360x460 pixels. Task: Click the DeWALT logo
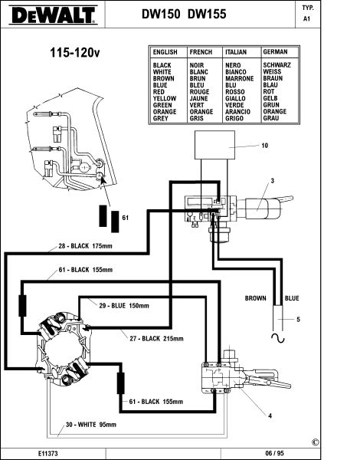[53, 15]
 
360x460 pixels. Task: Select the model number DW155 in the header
[207, 14]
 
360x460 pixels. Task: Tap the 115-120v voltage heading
[75, 53]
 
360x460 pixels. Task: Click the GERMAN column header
[275, 52]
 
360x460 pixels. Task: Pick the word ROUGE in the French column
[199, 92]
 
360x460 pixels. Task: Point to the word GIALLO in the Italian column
[235, 99]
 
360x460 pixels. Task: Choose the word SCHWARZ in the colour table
[277, 65]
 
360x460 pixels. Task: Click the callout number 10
[265, 146]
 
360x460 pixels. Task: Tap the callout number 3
[273, 181]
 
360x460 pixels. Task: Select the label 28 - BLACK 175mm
[85, 246]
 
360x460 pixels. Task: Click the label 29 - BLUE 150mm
[124, 306]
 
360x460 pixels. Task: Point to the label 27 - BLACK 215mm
[156, 339]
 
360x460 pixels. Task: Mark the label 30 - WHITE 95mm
[91, 425]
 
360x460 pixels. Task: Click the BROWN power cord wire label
[256, 298]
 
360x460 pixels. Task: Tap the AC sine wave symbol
[278, 338]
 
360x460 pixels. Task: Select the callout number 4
[270, 416]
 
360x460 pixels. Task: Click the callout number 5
[298, 319]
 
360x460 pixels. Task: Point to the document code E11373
[47, 453]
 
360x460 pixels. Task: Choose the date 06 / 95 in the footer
[274, 453]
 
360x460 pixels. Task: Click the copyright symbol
[316, 442]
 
